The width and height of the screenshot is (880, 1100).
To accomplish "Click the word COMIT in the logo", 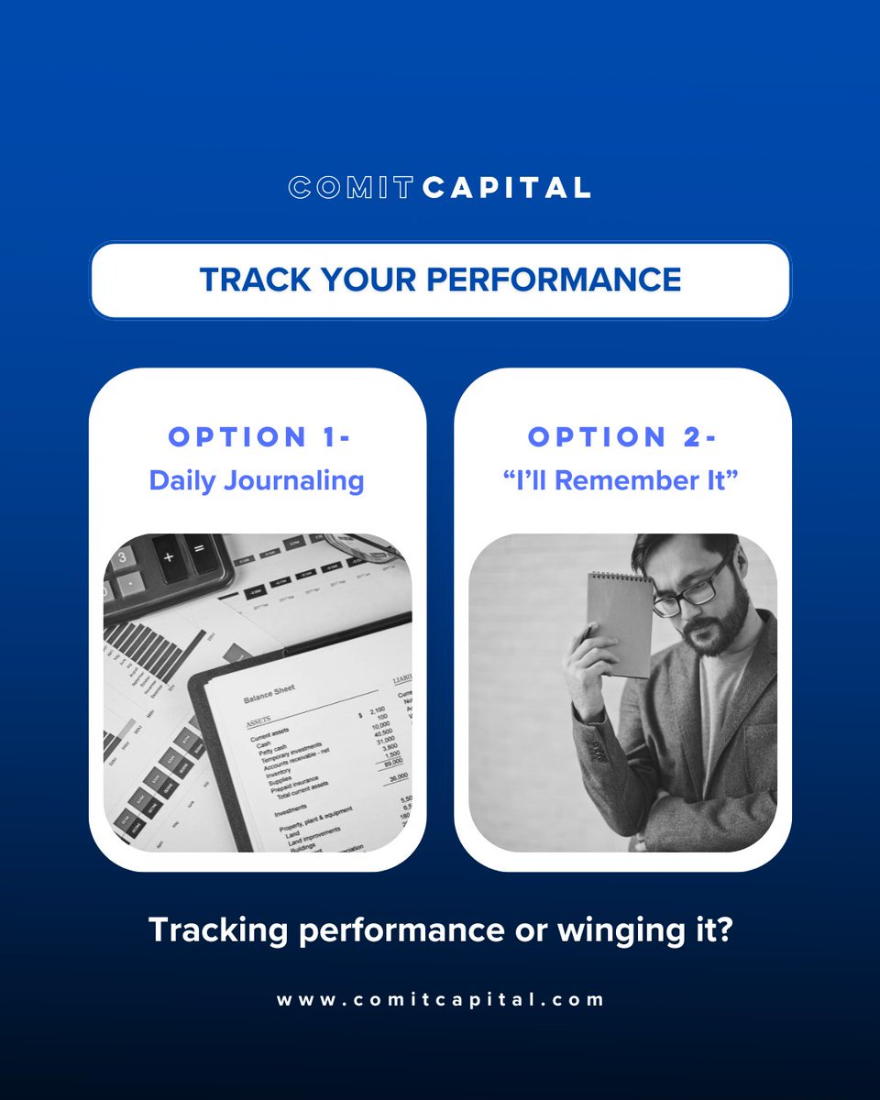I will click(x=352, y=188).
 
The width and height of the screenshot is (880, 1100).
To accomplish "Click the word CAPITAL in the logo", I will click(x=506, y=188).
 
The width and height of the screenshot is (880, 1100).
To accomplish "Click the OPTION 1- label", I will click(x=258, y=437).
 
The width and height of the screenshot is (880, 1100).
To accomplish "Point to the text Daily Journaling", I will click(x=257, y=480).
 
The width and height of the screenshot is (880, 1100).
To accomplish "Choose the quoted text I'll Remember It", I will click(x=622, y=480).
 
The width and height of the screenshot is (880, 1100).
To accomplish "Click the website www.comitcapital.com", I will click(x=440, y=999).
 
